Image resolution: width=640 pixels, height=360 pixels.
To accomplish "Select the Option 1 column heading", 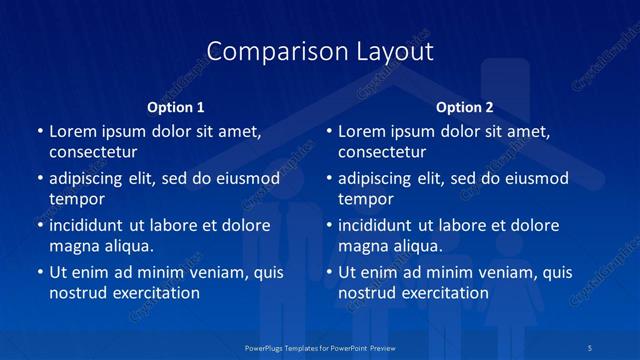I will (x=176, y=107).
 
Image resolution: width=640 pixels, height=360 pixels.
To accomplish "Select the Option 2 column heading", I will (x=465, y=107).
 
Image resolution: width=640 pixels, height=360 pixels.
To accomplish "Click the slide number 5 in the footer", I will (x=591, y=347).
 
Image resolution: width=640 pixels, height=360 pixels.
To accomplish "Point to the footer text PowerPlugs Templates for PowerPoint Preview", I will (x=320, y=347).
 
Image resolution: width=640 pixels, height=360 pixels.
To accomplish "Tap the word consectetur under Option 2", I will (x=382, y=152).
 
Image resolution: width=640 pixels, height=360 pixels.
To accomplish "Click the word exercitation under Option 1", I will (x=154, y=293).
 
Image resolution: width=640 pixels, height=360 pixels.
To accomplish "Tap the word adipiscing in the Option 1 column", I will (x=86, y=179).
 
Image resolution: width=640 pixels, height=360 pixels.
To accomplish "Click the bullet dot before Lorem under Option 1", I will (x=38, y=132).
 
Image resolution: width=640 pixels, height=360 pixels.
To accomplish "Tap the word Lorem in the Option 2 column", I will (x=361, y=131).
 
